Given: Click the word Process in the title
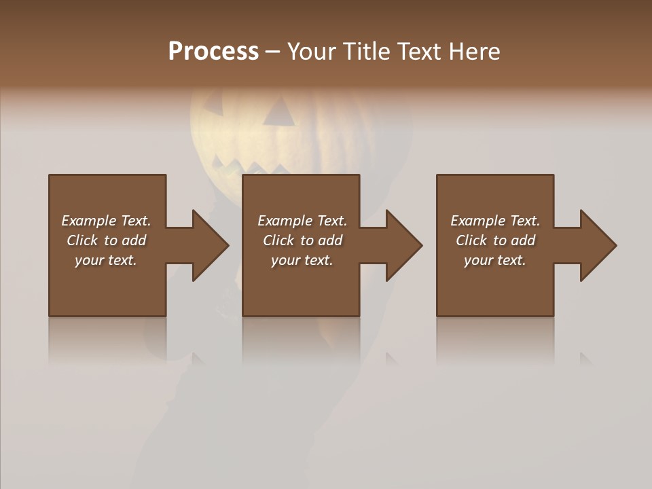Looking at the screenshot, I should point(213,52).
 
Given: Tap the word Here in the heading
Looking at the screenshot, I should point(474,52).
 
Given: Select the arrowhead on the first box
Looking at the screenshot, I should point(209,245).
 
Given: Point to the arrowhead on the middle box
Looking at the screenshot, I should point(403,245).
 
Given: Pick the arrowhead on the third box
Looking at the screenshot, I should point(597,245).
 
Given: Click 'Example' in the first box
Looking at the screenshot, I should point(88,221).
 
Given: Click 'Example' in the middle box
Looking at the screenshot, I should point(285,221).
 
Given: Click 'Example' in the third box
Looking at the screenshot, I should point(477,221).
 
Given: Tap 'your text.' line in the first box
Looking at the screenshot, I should point(106,260).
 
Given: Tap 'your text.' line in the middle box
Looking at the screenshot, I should point(302,260).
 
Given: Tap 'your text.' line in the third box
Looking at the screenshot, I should point(495,260).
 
